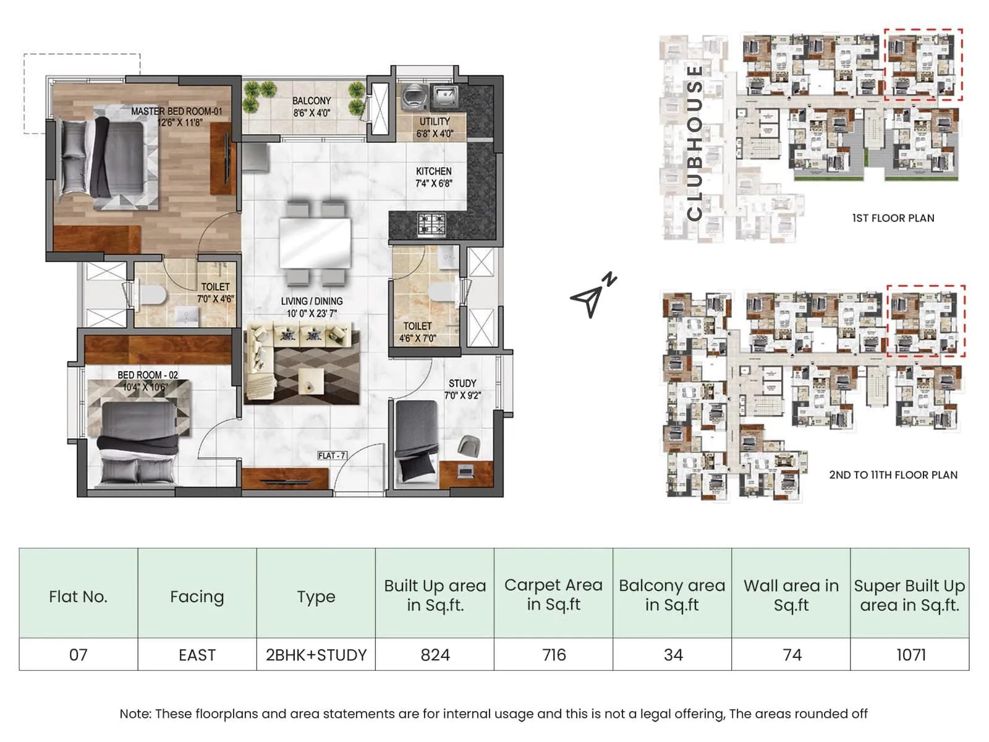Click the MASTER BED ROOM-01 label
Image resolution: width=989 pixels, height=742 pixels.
(x=177, y=116)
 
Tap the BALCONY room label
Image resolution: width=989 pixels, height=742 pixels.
(x=312, y=106)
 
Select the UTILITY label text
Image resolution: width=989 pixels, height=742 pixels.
(x=435, y=127)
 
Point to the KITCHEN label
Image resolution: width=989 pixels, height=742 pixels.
(x=433, y=177)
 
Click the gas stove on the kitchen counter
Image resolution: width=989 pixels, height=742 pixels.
(x=431, y=224)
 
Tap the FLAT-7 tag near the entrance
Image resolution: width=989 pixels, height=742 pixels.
(x=332, y=456)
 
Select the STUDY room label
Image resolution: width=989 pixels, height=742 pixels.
(x=462, y=389)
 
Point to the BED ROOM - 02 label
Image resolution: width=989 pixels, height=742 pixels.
(x=147, y=381)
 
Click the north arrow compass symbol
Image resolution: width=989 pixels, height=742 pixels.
(x=592, y=296)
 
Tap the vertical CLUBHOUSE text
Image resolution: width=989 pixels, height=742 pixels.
(x=695, y=142)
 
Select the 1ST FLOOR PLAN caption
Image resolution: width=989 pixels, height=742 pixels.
(x=893, y=218)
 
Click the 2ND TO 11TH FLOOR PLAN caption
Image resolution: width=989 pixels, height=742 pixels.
(x=893, y=475)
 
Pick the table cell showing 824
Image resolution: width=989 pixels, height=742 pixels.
(x=435, y=655)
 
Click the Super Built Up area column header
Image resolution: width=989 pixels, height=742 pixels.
(x=909, y=595)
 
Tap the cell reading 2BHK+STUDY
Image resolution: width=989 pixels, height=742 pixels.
(x=316, y=655)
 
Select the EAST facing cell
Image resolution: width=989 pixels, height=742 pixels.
(x=197, y=655)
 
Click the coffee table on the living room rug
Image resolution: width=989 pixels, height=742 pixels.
(x=311, y=380)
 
